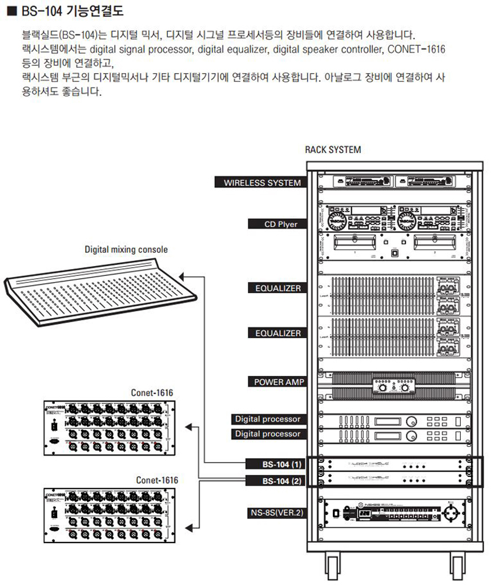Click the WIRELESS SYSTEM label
click(x=261, y=183)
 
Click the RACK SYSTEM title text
click(x=333, y=150)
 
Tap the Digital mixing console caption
click(x=126, y=250)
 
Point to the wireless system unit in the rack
click(x=393, y=181)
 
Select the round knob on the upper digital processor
click(x=410, y=422)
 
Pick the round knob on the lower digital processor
click(x=410, y=436)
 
